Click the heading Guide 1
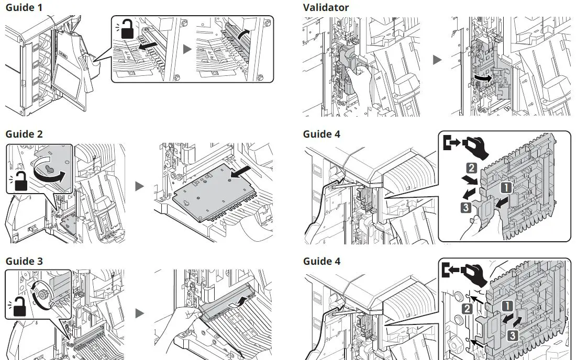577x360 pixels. pyautogui.click(x=24, y=7)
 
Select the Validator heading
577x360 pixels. pyautogui.click(x=325, y=7)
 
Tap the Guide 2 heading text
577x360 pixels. pyautogui.click(x=24, y=134)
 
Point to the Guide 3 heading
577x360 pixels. pyautogui.click(x=24, y=261)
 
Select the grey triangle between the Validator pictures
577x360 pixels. pyautogui.click(x=437, y=60)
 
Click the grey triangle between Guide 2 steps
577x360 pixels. pyautogui.click(x=140, y=186)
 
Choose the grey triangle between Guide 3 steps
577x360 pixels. pyautogui.click(x=140, y=313)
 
